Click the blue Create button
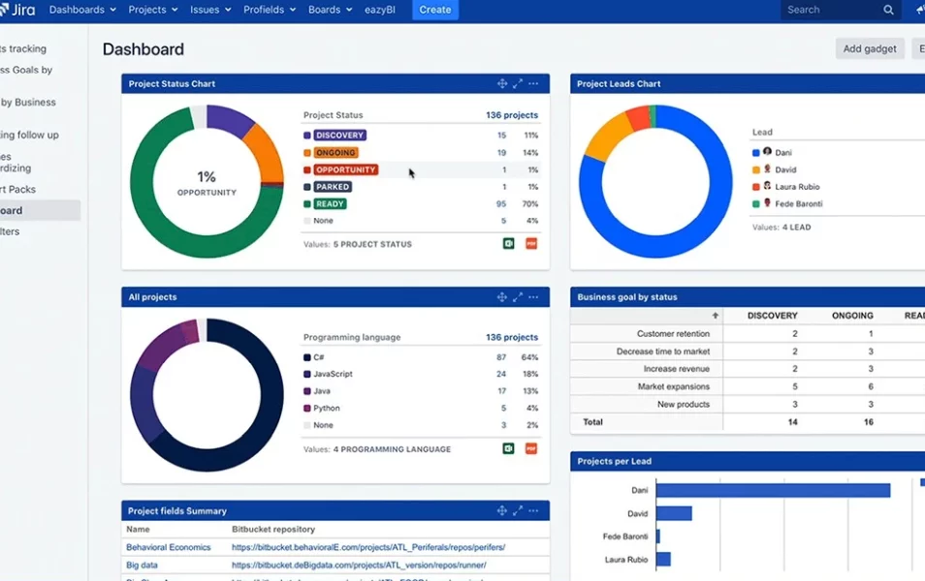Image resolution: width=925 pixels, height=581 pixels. (434, 10)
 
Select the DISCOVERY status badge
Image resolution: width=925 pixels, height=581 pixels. (339, 136)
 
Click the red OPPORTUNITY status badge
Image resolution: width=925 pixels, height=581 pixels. (345, 169)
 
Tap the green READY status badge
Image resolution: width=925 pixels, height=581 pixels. (330, 204)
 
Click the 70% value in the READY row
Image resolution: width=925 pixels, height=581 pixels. (529, 204)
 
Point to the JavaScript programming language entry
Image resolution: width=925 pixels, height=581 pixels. (333, 374)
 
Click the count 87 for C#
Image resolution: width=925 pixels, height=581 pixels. (501, 357)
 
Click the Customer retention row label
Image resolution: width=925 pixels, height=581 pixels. (673, 334)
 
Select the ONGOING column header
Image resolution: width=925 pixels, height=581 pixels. (852, 316)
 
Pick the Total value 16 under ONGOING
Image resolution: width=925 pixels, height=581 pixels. (869, 422)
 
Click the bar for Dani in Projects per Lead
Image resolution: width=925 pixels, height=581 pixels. (773, 491)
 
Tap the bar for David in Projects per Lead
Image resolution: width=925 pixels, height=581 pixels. (674, 513)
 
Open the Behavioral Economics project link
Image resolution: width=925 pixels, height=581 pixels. (168, 547)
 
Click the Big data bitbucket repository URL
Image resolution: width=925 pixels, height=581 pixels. (359, 565)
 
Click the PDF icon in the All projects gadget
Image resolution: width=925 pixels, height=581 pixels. (530, 448)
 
